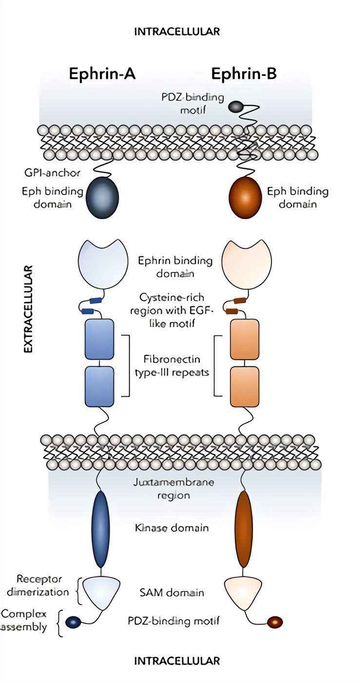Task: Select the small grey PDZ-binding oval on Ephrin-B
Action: pos(235,107)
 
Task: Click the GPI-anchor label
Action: pos(52,173)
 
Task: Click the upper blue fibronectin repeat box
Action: pos(99,339)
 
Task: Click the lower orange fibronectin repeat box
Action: pos(245,387)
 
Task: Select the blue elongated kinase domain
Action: pos(100,529)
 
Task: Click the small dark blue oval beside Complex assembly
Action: pos(73,622)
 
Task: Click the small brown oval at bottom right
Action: pos(275,622)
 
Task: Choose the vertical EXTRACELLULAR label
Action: pos(28,309)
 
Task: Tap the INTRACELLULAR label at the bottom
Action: pos(177,661)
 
